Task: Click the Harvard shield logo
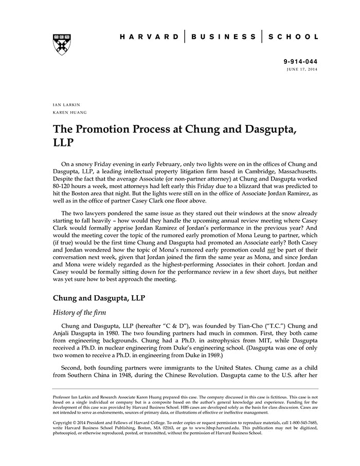61,44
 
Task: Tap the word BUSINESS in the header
223,37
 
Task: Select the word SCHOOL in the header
294,37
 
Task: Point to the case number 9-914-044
301,61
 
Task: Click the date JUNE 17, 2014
302,68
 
